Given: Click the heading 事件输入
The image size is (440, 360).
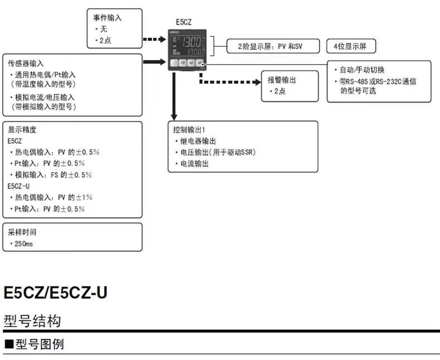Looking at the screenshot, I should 107,18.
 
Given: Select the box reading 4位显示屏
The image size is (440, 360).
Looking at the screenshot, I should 350,46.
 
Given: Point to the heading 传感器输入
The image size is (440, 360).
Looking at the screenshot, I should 26,63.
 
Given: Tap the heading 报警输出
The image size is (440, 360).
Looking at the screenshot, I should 282,80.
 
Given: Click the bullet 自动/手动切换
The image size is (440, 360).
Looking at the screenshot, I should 363,70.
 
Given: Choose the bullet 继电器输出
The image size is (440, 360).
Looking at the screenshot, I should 195,141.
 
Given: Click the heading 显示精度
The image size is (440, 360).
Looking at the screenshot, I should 22,129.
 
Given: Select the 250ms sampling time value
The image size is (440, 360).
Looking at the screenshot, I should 23,244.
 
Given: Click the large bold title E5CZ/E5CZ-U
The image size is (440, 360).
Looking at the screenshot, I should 55,293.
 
